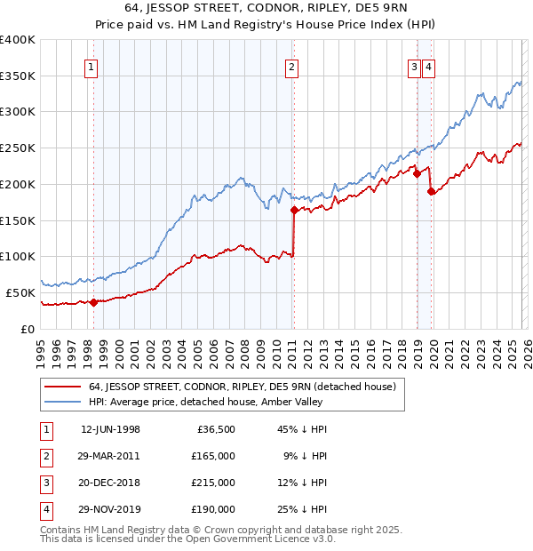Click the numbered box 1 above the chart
click(92, 65)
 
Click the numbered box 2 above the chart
click(291, 65)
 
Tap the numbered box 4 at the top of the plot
click(428, 65)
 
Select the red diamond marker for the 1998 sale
click(93, 302)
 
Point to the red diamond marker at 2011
click(293, 210)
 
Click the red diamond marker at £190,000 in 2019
click(431, 191)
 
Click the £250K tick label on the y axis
click(17, 148)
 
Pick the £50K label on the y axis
click(20, 292)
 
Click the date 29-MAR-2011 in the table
click(110, 456)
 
